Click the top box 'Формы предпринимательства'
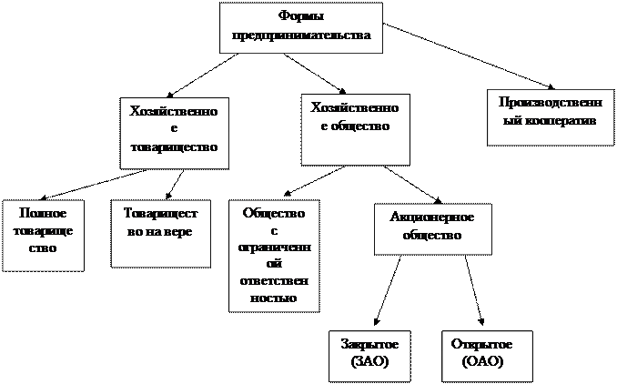pos(301,27)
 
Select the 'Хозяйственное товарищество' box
pos(175,134)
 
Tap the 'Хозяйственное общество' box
pos(355,129)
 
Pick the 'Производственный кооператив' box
pos(551,117)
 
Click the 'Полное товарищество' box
pos(44,236)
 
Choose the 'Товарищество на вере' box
pos(160,234)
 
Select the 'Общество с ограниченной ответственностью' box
pos(274,256)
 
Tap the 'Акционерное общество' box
pos(433,229)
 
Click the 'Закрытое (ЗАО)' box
pos(369,357)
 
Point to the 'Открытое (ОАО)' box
pos(487,357)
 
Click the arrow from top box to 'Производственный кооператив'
pos(469,56)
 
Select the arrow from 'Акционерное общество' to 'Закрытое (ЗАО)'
pos(387,291)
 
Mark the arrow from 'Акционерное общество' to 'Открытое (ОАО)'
pos(474,291)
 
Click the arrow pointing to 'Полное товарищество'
pos(94,185)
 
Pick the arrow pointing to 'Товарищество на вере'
pos(175,183)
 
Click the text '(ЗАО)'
pos(369,361)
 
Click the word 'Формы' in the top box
pos(301,17)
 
